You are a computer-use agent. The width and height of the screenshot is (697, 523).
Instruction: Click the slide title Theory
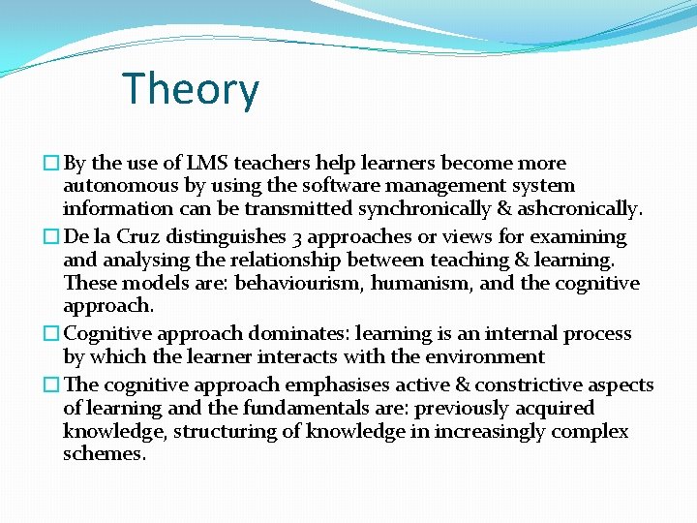click(x=191, y=90)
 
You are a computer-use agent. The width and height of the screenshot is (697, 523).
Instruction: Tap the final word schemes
click(x=105, y=454)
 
